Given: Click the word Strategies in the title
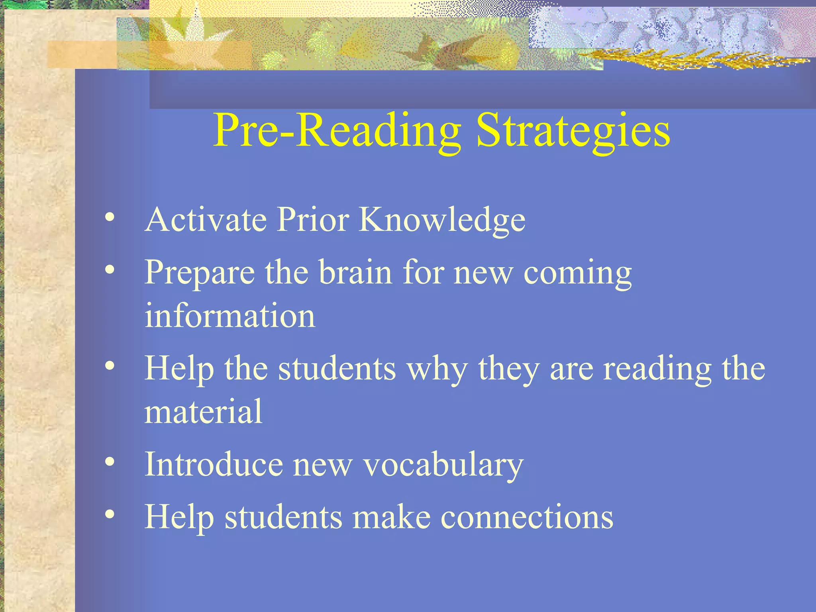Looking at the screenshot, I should tap(573, 131).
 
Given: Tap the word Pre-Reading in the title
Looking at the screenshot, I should tap(337, 131).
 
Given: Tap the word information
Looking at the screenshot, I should tap(230, 315).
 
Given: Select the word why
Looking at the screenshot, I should tap(437, 369).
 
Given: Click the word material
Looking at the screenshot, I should tap(203, 411).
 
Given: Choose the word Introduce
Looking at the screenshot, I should tap(214, 464).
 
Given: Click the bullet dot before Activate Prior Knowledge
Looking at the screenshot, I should tap(110, 218).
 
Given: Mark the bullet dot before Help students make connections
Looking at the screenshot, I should tap(110, 514).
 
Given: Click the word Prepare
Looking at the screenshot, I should tap(200, 273).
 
